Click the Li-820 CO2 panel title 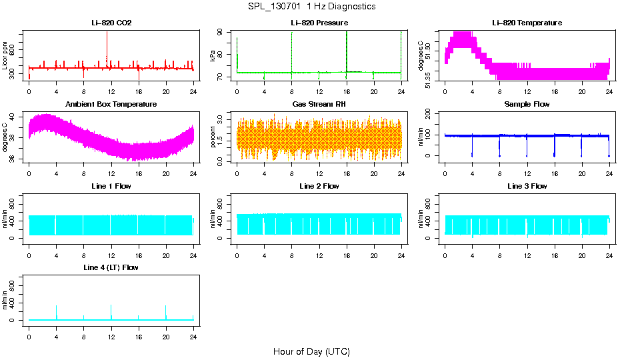tap(111, 23)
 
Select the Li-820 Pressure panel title tap(319, 23)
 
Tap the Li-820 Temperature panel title tap(527, 23)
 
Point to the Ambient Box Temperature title tap(111, 105)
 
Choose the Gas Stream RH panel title tap(319, 105)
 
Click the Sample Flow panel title tap(527, 105)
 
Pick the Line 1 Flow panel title tap(111, 186)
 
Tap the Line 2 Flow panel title tap(319, 186)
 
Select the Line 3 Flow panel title tap(527, 186)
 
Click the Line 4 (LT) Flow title tap(111, 267)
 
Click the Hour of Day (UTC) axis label tap(311, 351)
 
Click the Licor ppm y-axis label tap(6, 56)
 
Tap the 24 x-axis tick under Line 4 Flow tap(193, 331)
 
